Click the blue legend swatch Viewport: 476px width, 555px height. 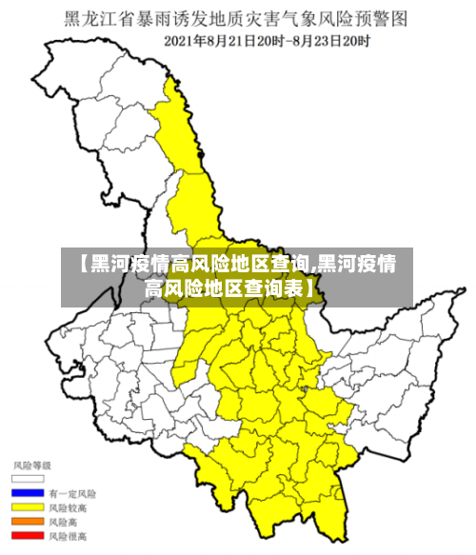[x=28, y=493]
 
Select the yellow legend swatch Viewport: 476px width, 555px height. [x=28, y=507]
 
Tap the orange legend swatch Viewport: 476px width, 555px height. [x=28, y=522]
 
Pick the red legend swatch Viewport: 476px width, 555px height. [x=28, y=536]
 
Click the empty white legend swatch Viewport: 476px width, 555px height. [x=28, y=479]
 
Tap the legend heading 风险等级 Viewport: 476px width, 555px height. [x=31, y=465]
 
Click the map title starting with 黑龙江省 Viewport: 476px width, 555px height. [x=237, y=18]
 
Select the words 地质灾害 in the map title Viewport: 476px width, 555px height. [x=240, y=18]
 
